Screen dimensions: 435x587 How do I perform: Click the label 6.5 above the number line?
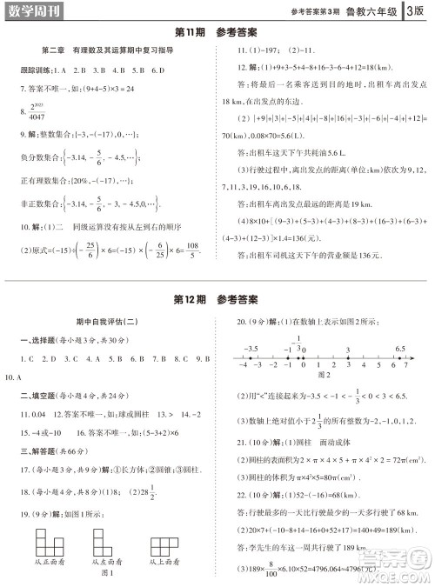pyautogui.click(x=399, y=348)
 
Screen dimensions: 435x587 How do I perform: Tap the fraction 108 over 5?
pyautogui.click(x=193, y=253)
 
